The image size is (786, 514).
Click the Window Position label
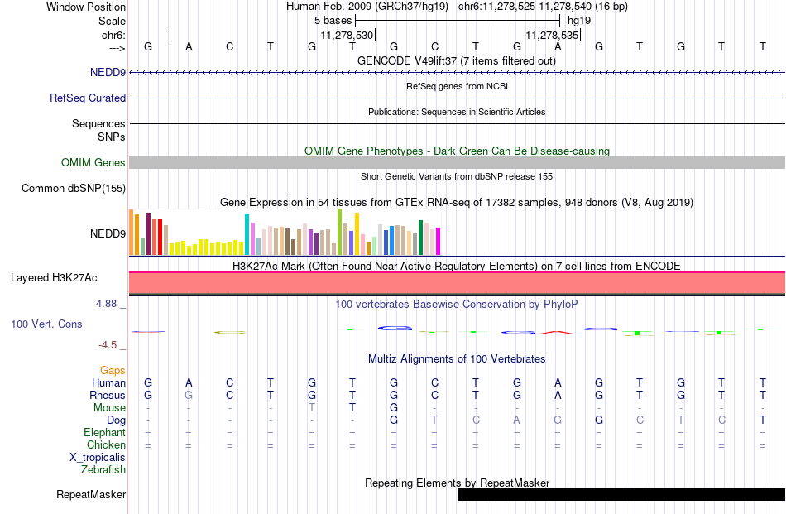(x=86, y=7)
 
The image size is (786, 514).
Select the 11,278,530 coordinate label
(x=347, y=35)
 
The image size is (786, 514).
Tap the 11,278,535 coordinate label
(x=552, y=35)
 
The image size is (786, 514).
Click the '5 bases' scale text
(x=333, y=21)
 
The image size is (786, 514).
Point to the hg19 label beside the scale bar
(x=579, y=21)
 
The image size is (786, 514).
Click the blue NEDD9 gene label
(x=108, y=72)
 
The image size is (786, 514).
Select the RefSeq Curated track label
(x=88, y=98)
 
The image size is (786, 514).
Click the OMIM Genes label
(x=93, y=162)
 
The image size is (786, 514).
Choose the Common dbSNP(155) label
(x=74, y=188)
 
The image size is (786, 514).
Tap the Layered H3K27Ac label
(x=54, y=278)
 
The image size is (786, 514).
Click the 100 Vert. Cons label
(x=46, y=324)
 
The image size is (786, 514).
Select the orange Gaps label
(x=113, y=370)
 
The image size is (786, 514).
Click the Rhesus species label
(x=108, y=395)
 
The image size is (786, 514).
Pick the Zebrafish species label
(x=103, y=470)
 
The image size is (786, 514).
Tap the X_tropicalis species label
(x=98, y=458)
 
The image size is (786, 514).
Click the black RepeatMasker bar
(x=621, y=494)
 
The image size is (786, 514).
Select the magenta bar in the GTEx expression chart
(x=439, y=242)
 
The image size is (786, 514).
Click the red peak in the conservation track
(x=557, y=332)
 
